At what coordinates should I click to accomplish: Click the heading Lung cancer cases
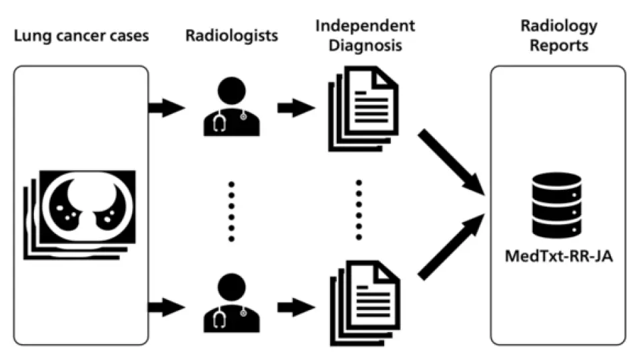(x=81, y=35)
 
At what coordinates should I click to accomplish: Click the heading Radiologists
(x=231, y=35)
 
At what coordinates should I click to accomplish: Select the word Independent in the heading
(x=365, y=26)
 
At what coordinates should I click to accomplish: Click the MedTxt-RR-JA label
(x=558, y=256)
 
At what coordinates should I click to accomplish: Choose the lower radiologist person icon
(x=231, y=303)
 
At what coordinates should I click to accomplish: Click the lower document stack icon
(x=363, y=303)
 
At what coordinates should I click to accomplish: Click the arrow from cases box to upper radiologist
(x=165, y=107)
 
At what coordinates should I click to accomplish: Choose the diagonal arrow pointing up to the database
(x=450, y=247)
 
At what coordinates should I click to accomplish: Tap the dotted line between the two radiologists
(x=231, y=210)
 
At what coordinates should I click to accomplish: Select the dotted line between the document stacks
(x=359, y=210)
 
